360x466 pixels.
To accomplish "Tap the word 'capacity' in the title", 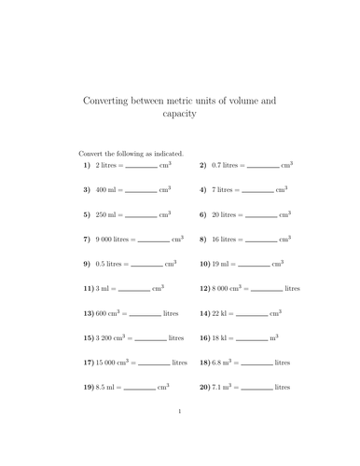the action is pyautogui.click(x=180, y=114).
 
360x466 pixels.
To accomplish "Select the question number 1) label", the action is pyautogui.click(x=88, y=165).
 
